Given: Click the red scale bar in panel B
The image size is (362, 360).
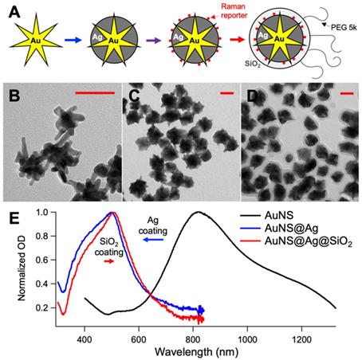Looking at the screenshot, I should pos(94,94).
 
